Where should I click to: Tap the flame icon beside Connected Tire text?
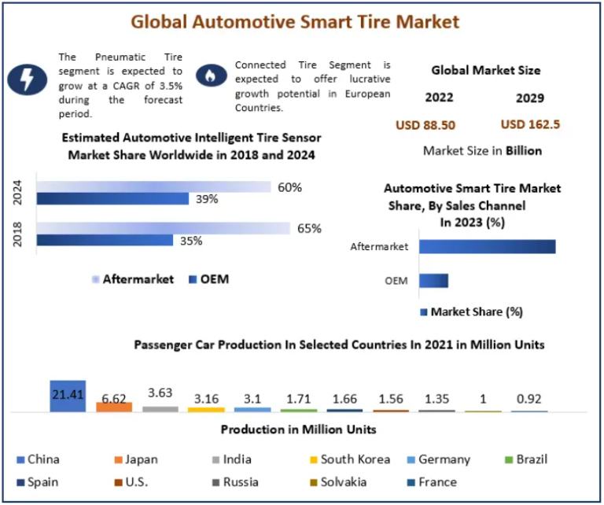[x=209, y=75]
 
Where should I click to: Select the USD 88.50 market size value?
[x=425, y=125]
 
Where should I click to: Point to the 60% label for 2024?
[x=289, y=187]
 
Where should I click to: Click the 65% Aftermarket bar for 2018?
[x=163, y=228]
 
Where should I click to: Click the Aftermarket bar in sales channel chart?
[x=487, y=247]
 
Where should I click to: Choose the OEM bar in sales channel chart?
[x=433, y=281]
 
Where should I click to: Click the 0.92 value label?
[x=528, y=398]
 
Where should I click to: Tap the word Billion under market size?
[x=523, y=150]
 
